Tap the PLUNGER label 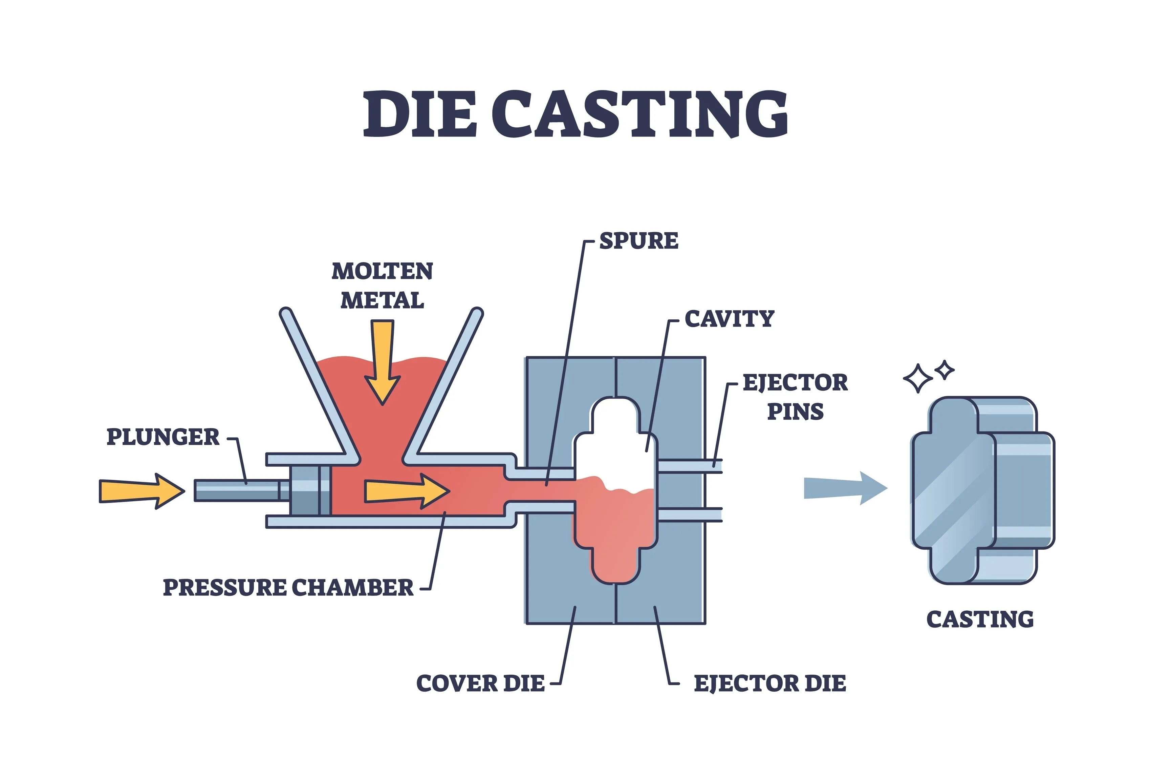coord(162,437)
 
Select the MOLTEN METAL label coord(382,286)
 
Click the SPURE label coord(638,241)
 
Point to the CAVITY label coord(729,319)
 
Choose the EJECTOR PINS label coord(795,397)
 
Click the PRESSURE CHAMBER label coord(288,588)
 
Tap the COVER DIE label coord(480,683)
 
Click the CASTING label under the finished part coord(980,619)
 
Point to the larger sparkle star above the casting coord(918,379)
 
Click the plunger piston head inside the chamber coord(310,490)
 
